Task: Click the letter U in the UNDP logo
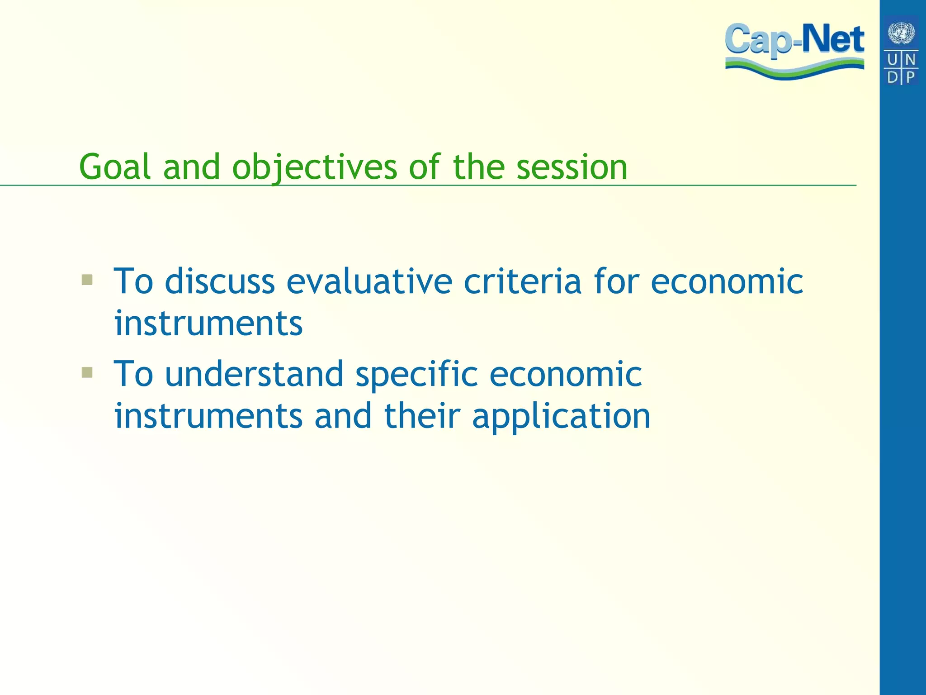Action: pyautogui.click(x=893, y=60)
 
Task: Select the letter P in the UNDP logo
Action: pyautogui.click(x=910, y=77)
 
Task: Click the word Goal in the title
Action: pyautogui.click(x=115, y=167)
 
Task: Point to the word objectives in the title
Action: pyautogui.click(x=314, y=168)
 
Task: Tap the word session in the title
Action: pyautogui.click(x=572, y=167)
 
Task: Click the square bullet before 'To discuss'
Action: pyautogui.click(x=87, y=280)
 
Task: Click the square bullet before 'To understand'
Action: pyautogui.click(x=87, y=372)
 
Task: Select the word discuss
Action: pyautogui.click(x=220, y=281)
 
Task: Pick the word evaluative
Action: pyautogui.click(x=369, y=281)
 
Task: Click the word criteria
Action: pyautogui.click(x=522, y=281)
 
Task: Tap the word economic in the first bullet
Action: pyautogui.click(x=727, y=281)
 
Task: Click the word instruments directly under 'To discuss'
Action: pyautogui.click(x=208, y=324)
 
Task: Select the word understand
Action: pyautogui.click(x=254, y=374)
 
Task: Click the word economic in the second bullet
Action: pyautogui.click(x=565, y=374)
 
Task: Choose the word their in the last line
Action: pyautogui.click(x=422, y=416)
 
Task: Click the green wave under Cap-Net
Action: pyautogui.click(x=794, y=70)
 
